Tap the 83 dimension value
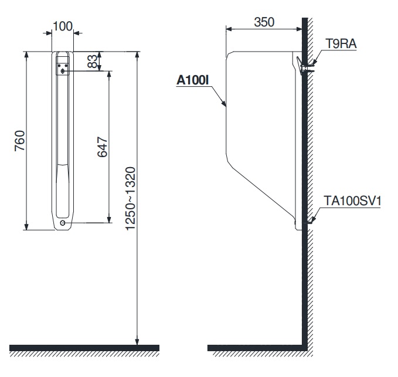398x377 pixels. tap(93, 61)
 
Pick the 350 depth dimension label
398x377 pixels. tap(265, 22)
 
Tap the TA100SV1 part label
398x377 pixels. tap(352, 201)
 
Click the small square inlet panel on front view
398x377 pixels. tap(62, 69)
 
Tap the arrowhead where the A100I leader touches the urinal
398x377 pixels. tap(226, 106)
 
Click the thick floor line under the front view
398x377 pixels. tap(84, 347)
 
